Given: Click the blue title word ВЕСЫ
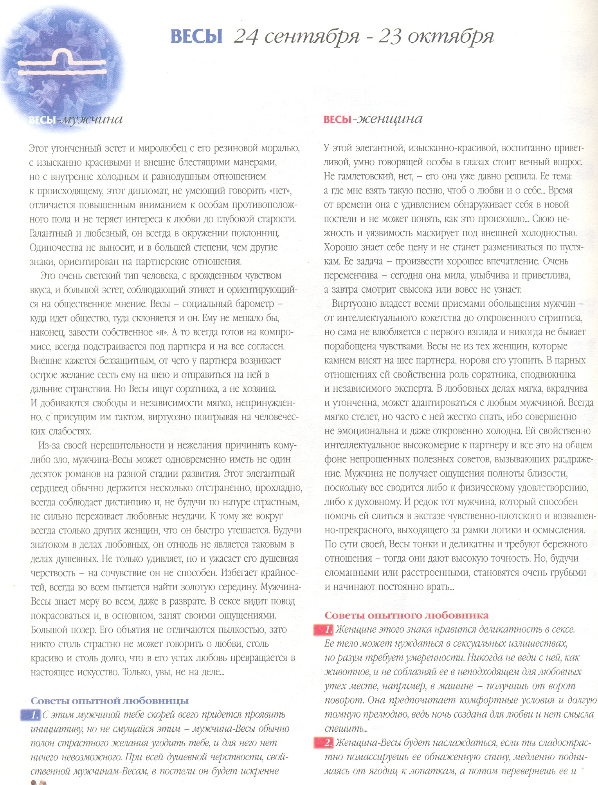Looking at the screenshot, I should [196, 36].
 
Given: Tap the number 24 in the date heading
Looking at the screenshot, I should [246, 36].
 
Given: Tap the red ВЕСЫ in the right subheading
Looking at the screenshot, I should [337, 119].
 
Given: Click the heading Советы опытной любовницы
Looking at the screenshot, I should [110, 701].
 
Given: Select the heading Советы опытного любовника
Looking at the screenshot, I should [406, 615].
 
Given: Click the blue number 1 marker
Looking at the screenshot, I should [34, 715].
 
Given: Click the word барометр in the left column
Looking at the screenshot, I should [252, 304].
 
